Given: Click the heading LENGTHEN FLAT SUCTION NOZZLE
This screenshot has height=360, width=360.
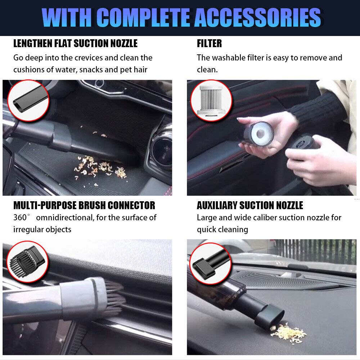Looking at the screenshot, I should click(75, 44).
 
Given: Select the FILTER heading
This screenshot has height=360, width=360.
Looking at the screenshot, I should click(209, 44).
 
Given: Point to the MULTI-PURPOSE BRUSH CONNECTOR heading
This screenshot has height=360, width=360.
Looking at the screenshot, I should click(84, 206).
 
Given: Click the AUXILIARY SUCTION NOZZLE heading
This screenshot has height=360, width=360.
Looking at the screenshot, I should click(250, 206).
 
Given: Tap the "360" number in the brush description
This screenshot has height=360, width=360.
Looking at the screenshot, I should click(20, 217).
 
